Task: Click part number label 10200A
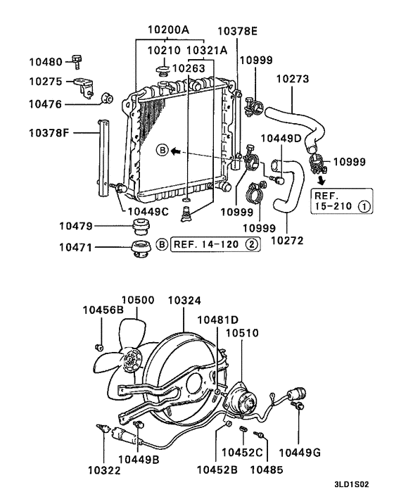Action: [168, 31]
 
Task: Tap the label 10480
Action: [46, 62]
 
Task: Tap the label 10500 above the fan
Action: [142, 301]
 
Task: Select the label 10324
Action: [185, 301]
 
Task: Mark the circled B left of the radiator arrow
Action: [163, 151]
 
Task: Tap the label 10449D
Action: [281, 138]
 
